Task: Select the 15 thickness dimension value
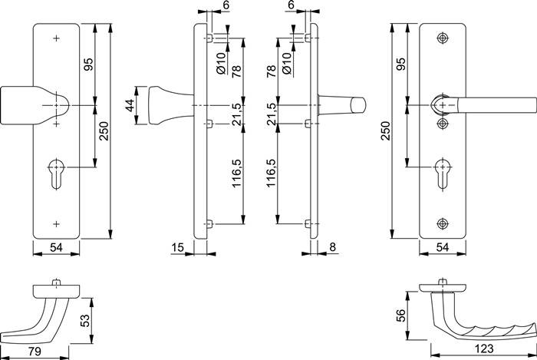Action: (177, 246)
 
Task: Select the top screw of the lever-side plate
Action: (443, 38)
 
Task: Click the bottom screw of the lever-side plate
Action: (443, 223)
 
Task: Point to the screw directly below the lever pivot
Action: (443, 122)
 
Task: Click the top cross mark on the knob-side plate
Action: (56, 38)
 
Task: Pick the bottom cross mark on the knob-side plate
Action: (56, 223)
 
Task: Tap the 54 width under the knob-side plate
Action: (56, 246)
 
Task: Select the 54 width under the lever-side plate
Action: (443, 246)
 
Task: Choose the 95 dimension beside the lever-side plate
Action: (400, 64)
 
